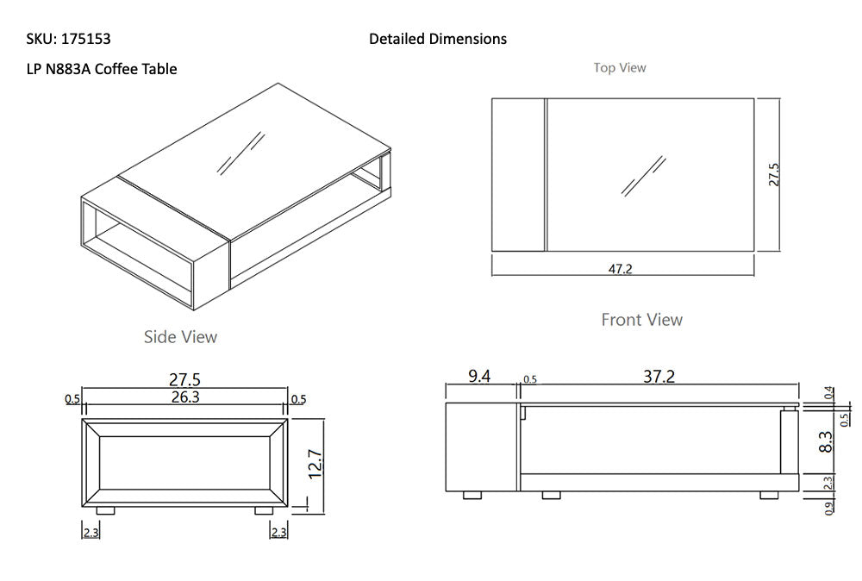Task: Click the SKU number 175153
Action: pos(86,39)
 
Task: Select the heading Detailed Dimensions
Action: pos(437,39)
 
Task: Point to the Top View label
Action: pos(619,67)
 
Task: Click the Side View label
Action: pos(180,337)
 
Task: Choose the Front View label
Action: pos(641,320)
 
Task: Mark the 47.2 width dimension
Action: pos(621,269)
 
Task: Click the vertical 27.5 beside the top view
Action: pos(773,175)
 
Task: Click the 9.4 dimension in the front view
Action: pos(480,376)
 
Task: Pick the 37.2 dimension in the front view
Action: pos(659,376)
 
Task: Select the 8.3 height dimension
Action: pos(826,442)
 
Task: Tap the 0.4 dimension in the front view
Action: pos(828,393)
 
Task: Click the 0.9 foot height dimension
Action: pos(828,509)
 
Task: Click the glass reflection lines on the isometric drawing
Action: pos(240,153)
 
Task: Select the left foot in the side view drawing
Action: pos(105,511)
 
